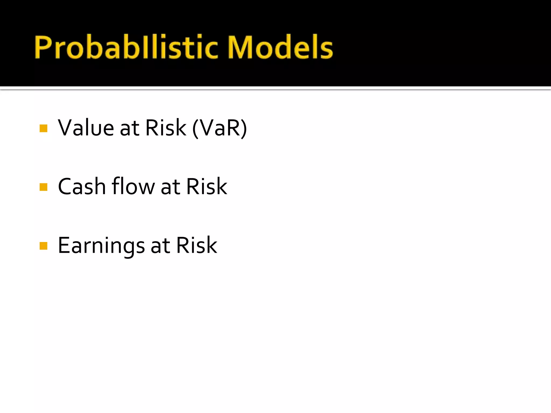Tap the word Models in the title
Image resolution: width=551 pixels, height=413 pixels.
pos(280,47)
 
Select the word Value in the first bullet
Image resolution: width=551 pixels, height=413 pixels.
pos(86,128)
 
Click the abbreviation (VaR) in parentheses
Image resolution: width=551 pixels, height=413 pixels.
pos(220,128)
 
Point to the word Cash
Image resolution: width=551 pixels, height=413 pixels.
pos(82,186)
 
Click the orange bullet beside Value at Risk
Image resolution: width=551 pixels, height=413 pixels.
pos(43,128)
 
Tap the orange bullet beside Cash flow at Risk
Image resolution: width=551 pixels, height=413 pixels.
pos(43,187)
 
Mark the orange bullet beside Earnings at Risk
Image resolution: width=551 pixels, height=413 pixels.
pos(43,246)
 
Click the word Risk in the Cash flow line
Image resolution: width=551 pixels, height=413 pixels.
pos(207,186)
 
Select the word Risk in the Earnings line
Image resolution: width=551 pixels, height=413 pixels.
pos(196,245)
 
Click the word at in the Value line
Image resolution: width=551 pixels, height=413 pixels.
pos(129,129)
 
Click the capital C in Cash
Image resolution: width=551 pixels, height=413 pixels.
pos(66,186)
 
